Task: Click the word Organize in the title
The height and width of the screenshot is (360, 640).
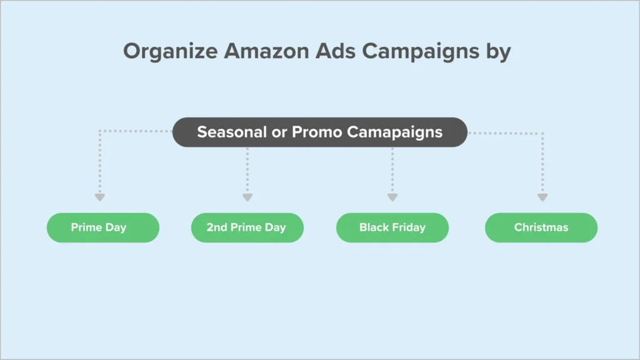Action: [x=171, y=52]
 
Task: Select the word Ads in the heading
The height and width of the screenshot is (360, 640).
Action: [x=336, y=51]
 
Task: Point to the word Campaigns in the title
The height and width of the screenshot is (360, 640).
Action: [x=421, y=52]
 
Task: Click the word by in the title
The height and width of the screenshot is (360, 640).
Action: [x=498, y=52]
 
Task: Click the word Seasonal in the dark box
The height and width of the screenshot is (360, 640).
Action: [x=232, y=132]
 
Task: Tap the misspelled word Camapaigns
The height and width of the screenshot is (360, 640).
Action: [x=395, y=132]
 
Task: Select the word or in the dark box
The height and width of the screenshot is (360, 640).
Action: [x=279, y=132]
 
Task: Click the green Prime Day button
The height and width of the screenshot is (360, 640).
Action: [x=103, y=227]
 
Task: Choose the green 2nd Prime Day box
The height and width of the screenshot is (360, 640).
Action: [x=247, y=227]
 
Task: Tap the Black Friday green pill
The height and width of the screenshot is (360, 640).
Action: [x=392, y=227]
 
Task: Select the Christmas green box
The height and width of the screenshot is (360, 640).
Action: [x=541, y=227]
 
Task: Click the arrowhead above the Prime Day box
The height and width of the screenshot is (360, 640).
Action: [x=100, y=197]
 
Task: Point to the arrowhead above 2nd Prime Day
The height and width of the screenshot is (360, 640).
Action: [x=247, y=197]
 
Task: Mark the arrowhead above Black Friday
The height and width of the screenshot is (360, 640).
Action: [x=392, y=197]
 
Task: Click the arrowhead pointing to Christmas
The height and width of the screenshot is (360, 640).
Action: [x=542, y=197]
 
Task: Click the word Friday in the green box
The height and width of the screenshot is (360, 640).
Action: [x=409, y=227]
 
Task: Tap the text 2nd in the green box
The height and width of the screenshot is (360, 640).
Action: [x=216, y=227]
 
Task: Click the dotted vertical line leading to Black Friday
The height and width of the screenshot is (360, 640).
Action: [x=392, y=171]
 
